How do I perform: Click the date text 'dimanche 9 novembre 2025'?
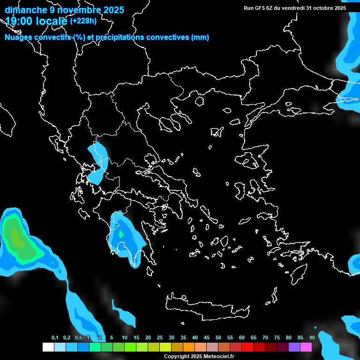[x=64, y=10]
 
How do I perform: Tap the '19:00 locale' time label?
[x=36, y=21]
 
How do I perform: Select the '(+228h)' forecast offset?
[x=83, y=21]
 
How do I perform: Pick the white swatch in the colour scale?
[x=48, y=347]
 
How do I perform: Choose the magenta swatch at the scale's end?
[x=306, y=347]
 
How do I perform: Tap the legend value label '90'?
[x=312, y=338]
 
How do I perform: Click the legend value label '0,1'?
[x=55, y=338]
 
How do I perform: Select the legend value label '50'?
[x=218, y=338]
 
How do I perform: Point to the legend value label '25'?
[x=160, y=338]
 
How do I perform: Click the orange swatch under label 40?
[x=189, y=347]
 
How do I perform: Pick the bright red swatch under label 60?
[x=247, y=347]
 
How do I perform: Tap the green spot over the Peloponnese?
[x=121, y=233]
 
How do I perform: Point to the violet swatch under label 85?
[x=294, y=347]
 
